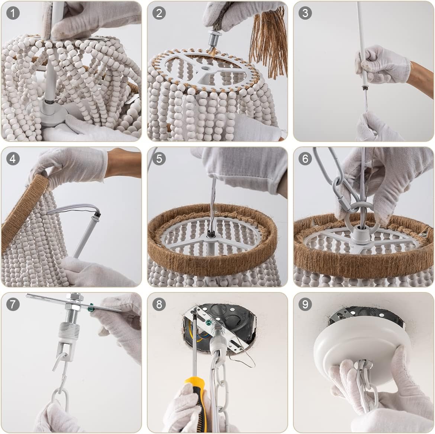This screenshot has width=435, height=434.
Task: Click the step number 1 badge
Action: click(13, 13)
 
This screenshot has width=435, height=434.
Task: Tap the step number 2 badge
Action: click(159, 13)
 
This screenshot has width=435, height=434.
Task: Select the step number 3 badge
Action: click(305, 13)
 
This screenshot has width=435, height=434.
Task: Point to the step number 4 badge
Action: click(13, 159)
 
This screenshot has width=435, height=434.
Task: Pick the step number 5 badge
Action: click(159, 159)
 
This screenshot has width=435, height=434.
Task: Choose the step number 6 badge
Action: click(305, 159)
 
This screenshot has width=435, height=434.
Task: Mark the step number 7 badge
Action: click(13, 304)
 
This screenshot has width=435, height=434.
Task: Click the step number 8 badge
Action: click(159, 304)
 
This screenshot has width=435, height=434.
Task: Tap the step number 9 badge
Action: click(305, 304)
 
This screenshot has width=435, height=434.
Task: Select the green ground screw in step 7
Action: click(90, 307)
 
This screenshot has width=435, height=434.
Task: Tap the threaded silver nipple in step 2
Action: click(214, 40)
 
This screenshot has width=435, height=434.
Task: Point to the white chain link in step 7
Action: click(59, 398)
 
